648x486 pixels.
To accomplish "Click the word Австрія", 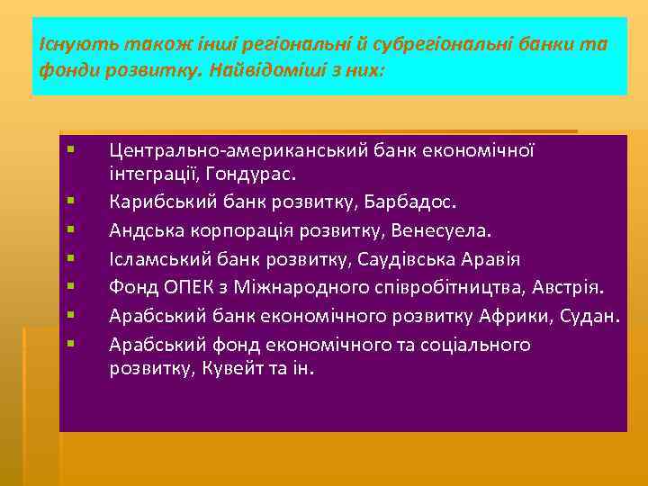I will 573,287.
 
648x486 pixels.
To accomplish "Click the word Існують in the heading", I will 61,44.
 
